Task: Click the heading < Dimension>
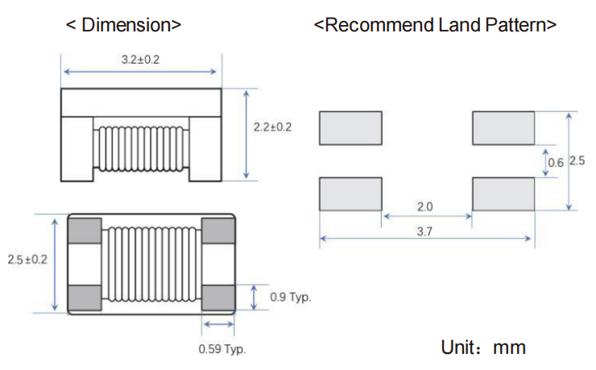point(123,24)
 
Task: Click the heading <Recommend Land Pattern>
point(435,24)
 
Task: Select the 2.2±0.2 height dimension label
point(272,127)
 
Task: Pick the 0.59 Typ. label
point(222,349)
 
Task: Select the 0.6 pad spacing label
point(556,162)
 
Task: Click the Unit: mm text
point(483,347)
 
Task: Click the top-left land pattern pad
point(350,128)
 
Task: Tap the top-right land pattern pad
point(503,128)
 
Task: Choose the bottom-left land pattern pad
point(350,193)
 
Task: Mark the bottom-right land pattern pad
point(503,193)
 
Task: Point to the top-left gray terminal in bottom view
point(85,231)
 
